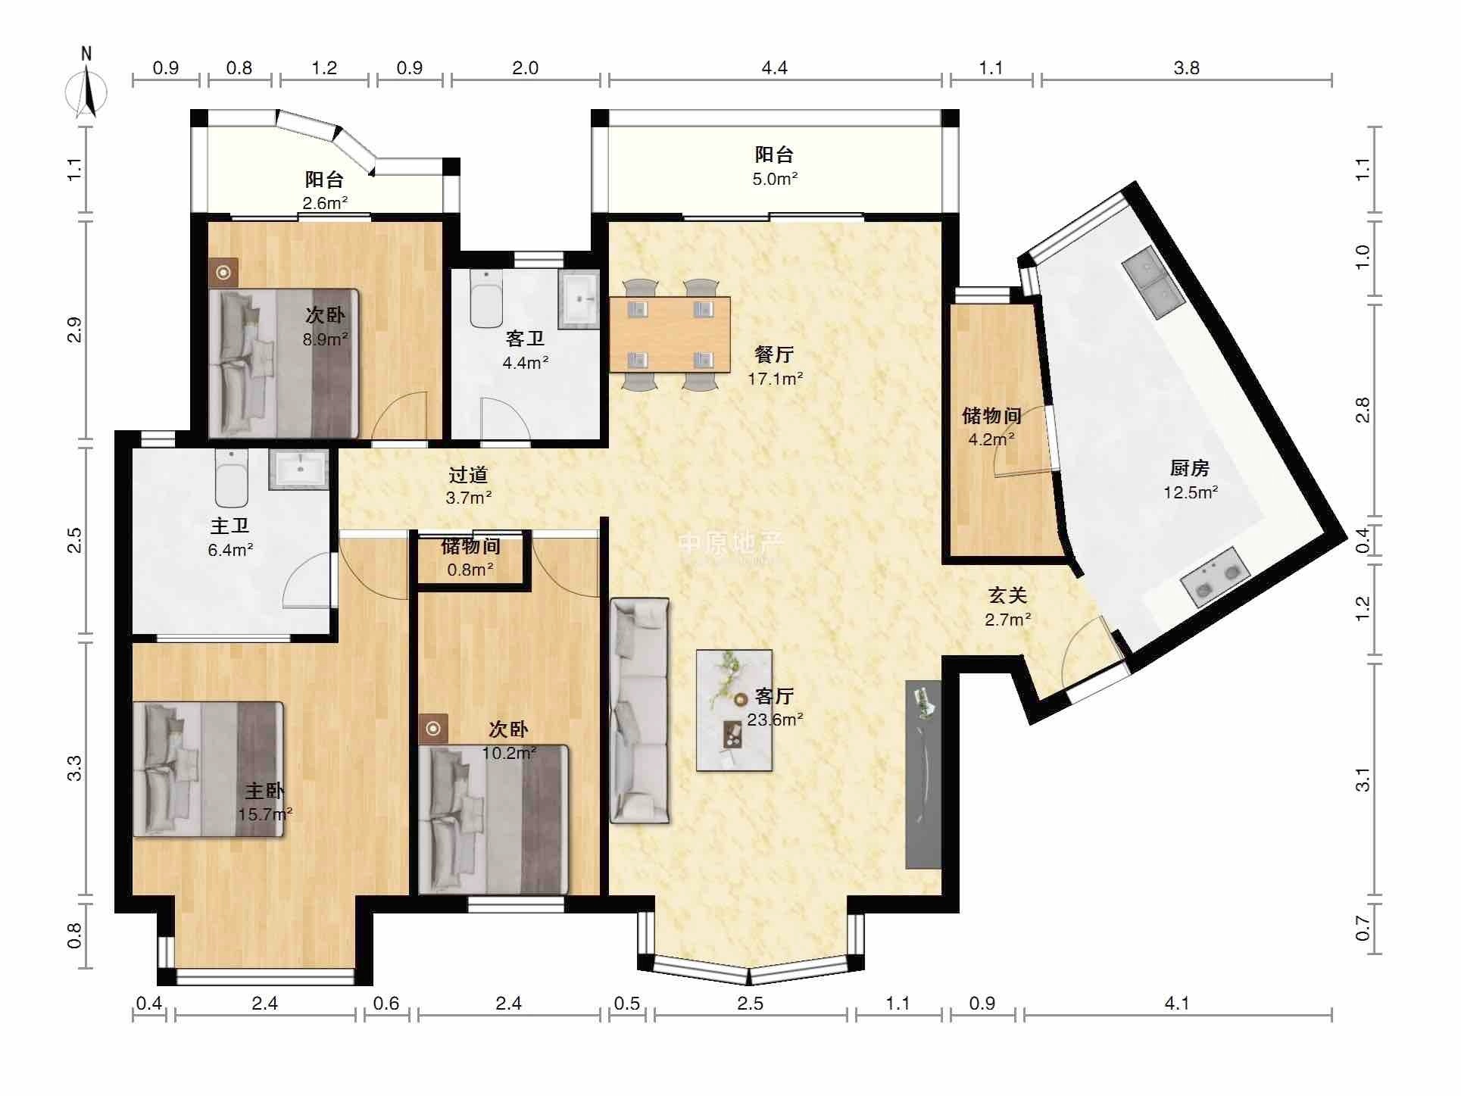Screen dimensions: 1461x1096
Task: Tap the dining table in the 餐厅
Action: [x=670, y=334]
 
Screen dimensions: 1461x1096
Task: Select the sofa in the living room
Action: [x=640, y=710]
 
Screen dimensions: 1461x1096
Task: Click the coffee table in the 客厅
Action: [x=734, y=710]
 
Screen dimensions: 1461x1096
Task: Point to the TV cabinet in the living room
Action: [x=923, y=774]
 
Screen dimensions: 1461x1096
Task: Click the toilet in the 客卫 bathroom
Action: [x=485, y=298]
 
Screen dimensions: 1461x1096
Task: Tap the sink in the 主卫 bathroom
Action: [x=298, y=470]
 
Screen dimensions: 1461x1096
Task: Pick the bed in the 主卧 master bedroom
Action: [x=208, y=770]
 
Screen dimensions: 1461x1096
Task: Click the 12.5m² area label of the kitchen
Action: [x=1191, y=493]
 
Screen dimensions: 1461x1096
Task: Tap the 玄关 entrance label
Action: [x=1007, y=596]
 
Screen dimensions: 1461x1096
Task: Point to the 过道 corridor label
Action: [x=468, y=475]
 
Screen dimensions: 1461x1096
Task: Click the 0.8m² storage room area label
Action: [x=470, y=569]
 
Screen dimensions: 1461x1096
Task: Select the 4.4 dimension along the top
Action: [x=774, y=68]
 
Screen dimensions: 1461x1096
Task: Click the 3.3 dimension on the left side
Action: [x=74, y=769]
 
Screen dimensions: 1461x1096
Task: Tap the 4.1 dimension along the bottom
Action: [x=1176, y=1004]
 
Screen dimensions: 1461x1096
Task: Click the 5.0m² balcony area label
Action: [x=776, y=180]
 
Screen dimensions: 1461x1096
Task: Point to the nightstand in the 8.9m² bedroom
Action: [x=224, y=273]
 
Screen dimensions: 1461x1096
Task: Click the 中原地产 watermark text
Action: [x=731, y=542]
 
